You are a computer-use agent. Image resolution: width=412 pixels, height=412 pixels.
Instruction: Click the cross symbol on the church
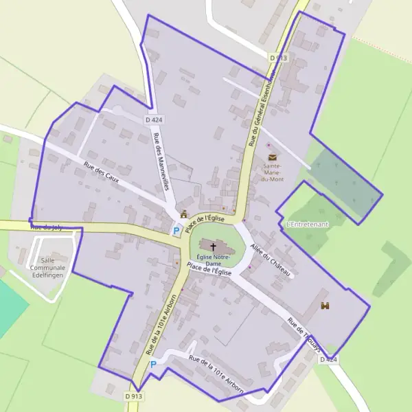point(213,246)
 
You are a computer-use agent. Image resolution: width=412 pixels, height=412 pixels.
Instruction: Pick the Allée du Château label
point(272,260)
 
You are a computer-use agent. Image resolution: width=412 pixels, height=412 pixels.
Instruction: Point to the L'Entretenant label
point(308,225)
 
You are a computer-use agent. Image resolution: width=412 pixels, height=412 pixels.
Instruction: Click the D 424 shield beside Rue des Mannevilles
point(153,119)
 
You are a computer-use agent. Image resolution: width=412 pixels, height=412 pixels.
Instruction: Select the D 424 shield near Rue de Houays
point(328,359)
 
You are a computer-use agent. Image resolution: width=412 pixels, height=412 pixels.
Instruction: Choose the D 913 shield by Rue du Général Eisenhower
point(278,58)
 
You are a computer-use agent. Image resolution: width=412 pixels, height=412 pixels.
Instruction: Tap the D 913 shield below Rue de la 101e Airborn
point(134,396)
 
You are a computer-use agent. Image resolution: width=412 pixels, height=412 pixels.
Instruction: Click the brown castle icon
point(325,306)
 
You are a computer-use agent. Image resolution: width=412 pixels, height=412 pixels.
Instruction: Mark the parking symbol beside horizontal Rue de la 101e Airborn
point(154,365)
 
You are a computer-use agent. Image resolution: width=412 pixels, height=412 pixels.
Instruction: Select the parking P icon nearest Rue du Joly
point(176,231)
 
